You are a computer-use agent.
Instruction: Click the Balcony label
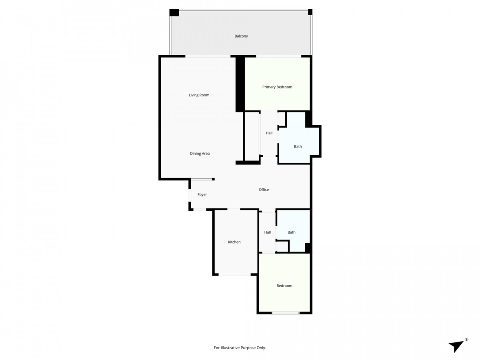coord(241,36)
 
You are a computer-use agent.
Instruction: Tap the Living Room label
coord(199,95)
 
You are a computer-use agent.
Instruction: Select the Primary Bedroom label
coord(277,87)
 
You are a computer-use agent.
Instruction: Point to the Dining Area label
coord(200,154)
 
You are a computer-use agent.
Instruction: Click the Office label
coord(264,190)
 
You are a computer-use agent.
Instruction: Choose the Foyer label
coord(202,195)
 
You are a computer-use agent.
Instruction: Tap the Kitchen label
coord(234,242)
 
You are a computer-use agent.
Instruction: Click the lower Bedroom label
coord(284,286)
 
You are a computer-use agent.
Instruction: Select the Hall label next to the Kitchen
coord(268,232)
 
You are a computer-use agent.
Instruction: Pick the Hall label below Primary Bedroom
coord(269,133)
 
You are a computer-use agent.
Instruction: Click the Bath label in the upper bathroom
coord(298,146)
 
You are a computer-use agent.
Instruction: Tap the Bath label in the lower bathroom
coord(292,232)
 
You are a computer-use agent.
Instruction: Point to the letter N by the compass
coord(466,340)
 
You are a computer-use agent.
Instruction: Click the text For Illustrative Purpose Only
coord(240,348)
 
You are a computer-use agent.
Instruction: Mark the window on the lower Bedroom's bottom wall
coord(286,313)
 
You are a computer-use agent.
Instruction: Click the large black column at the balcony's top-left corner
coord(174,12)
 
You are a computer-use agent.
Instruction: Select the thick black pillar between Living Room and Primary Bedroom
coord(240,84)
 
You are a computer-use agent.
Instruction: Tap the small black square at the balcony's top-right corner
coord(310,12)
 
